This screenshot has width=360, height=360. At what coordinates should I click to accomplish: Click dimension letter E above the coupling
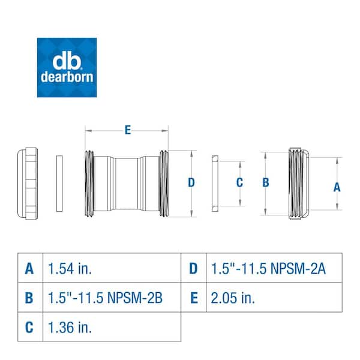[127, 128]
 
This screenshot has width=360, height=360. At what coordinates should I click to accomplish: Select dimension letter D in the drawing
[191, 182]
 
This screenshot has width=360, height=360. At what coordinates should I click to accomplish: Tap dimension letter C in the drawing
[239, 182]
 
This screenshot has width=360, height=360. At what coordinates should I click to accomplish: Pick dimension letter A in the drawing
[337, 187]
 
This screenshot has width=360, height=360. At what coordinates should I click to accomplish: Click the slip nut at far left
[29, 182]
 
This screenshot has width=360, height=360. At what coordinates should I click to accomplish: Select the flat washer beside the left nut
[59, 184]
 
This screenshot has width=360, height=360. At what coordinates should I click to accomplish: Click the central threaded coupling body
[127, 183]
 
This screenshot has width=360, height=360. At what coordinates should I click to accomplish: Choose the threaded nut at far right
[299, 183]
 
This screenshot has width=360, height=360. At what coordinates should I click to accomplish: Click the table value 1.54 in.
[70, 268]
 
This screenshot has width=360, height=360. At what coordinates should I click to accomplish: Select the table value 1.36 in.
[70, 326]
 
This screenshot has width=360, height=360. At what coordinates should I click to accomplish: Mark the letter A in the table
[29, 268]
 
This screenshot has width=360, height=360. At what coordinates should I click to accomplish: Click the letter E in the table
[193, 297]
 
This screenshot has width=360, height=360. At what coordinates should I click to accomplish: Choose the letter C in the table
[29, 326]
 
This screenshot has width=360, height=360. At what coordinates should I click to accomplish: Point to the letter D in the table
[193, 268]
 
